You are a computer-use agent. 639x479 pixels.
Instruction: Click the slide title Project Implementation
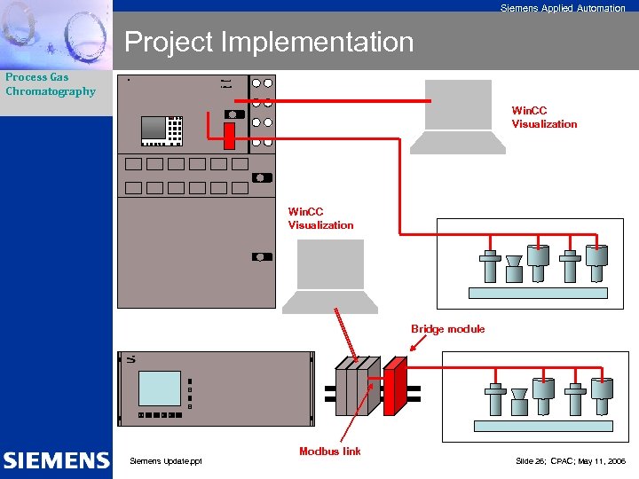point(269,42)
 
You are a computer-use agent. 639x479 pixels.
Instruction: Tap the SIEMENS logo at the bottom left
point(56,460)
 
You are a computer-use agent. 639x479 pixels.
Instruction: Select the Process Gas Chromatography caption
point(50,84)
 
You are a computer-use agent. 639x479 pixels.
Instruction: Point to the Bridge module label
point(447,329)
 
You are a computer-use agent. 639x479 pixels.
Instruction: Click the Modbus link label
point(329,452)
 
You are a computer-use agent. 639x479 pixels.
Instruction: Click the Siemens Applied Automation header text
point(562,8)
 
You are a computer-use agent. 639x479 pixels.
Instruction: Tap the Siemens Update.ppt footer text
point(166,460)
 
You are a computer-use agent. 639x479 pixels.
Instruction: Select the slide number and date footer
point(570,461)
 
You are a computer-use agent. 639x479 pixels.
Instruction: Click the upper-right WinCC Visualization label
point(544,117)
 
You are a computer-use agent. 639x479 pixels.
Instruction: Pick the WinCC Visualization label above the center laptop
point(320,218)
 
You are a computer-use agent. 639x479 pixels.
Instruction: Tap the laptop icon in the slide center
point(329,276)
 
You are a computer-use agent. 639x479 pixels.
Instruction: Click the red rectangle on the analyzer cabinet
point(229,137)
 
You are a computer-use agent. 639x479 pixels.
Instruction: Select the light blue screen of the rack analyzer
point(160,388)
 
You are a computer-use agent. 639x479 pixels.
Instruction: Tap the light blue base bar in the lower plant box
point(542,426)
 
